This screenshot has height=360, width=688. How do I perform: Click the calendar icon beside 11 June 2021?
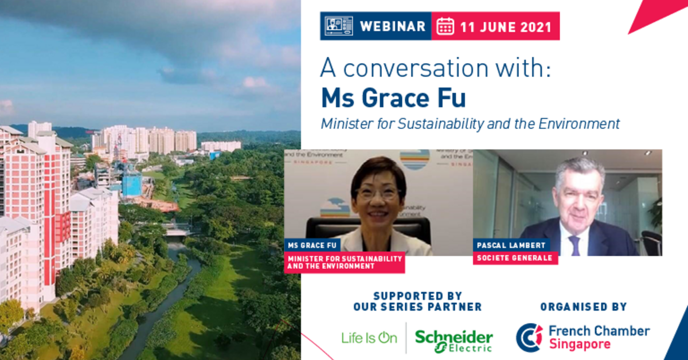[445, 26]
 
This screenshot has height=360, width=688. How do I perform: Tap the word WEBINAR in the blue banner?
[392, 26]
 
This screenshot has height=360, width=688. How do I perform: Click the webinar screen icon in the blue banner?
[339, 26]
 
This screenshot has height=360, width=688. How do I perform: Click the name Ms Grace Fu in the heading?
[393, 98]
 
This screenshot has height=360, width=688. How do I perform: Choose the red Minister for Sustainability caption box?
[344, 262]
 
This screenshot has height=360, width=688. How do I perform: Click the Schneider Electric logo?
[454, 339]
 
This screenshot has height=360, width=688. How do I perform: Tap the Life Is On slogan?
[369, 338]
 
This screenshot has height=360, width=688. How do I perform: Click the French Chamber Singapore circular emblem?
[529, 337]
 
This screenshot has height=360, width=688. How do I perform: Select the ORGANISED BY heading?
[583, 307]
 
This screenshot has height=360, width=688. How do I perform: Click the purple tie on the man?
[574, 246]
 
